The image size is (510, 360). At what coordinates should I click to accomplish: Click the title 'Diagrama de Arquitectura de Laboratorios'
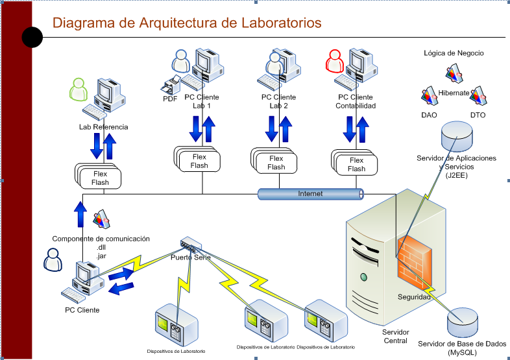pyautogui.click(x=187, y=23)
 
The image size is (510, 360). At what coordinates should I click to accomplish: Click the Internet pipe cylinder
pyautogui.click(x=310, y=193)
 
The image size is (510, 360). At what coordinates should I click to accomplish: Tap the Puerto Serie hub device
pyautogui.click(x=191, y=246)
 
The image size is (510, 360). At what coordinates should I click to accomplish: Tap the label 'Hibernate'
pyautogui.click(x=454, y=93)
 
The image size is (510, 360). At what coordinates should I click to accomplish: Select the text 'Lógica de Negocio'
pyautogui.click(x=454, y=53)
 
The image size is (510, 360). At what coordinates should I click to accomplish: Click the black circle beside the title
pyautogui.click(x=32, y=38)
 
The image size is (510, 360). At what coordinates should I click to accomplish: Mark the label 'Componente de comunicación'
pyautogui.click(x=101, y=239)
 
